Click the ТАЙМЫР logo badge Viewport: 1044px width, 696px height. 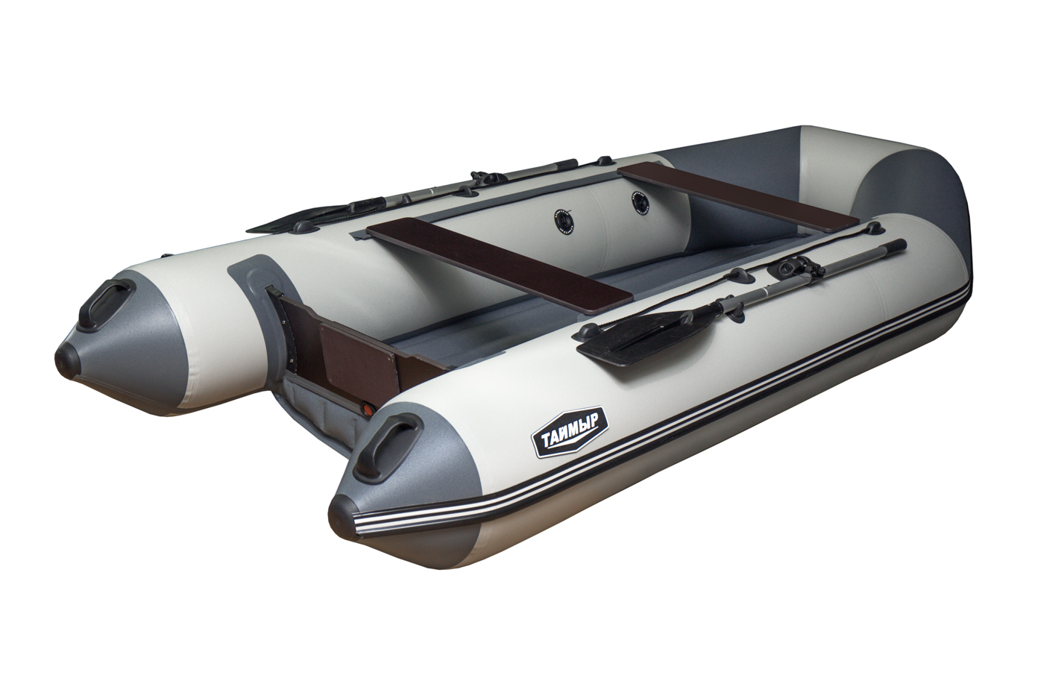(569, 432)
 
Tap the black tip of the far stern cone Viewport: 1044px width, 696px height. (67, 357)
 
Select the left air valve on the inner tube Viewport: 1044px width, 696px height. (564, 220)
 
